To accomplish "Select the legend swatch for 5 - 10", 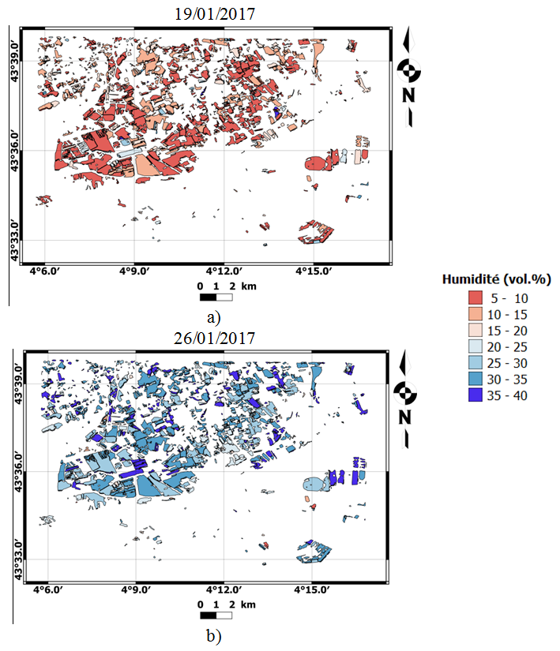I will pos(475,298).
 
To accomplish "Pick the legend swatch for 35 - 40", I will pos(475,396).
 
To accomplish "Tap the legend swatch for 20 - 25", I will pos(475,347).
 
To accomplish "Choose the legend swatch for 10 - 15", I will pos(475,315).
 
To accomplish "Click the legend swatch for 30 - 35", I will pos(475,380).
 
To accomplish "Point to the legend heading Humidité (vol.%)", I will pos(496,279).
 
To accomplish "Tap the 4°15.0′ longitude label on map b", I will pos(314,589).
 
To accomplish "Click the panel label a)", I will pos(212,317).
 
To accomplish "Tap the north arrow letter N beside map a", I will pos(408,95).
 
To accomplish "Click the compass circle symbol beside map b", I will pos(408,391).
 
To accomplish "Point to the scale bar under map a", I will pos(216,297).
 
